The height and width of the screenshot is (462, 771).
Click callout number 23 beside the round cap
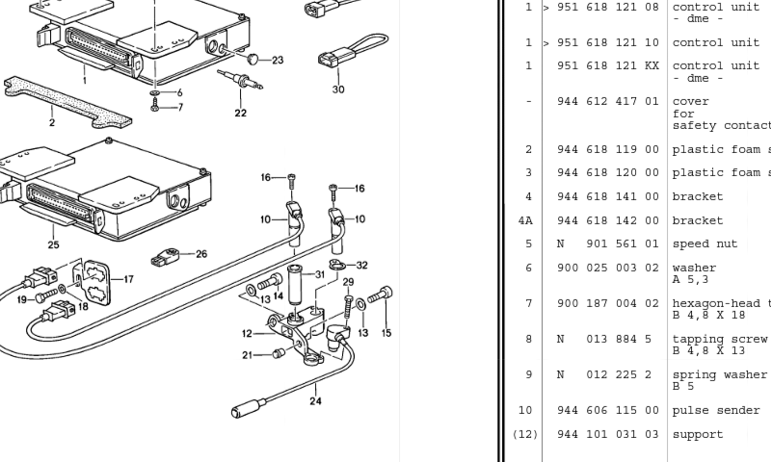click(x=278, y=61)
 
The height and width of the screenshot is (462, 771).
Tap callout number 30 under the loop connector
click(x=338, y=90)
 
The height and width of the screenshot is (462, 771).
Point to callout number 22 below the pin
click(x=240, y=113)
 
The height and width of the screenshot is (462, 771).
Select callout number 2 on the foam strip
click(x=52, y=122)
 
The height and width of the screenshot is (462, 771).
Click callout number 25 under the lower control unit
click(x=54, y=244)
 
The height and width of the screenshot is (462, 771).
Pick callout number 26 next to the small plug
click(x=201, y=254)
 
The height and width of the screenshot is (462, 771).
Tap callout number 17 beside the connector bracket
click(x=128, y=279)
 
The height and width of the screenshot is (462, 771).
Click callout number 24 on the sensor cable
click(x=316, y=401)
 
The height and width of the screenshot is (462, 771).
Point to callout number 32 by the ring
click(x=362, y=265)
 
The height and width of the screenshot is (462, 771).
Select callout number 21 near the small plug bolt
click(x=248, y=355)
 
